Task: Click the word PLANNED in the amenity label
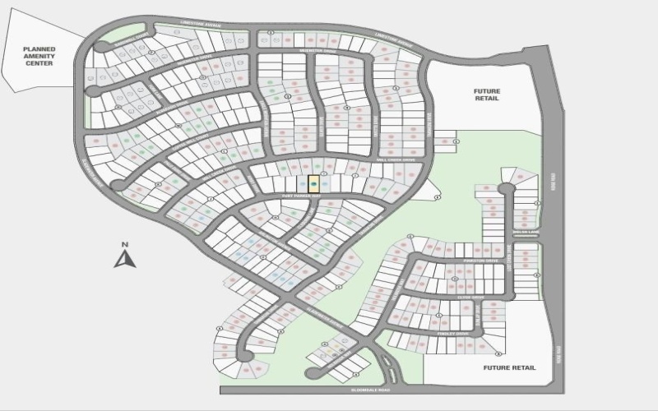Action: point(38,49)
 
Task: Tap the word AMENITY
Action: point(38,56)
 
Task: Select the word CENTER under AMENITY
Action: point(38,63)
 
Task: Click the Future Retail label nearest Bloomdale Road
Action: point(510,367)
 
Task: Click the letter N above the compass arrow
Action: point(124,244)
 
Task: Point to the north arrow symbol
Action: point(124,260)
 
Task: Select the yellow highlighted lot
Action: point(313,184)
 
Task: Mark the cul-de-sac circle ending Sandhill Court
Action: point(100,46)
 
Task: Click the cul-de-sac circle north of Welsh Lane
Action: point(507,188)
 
